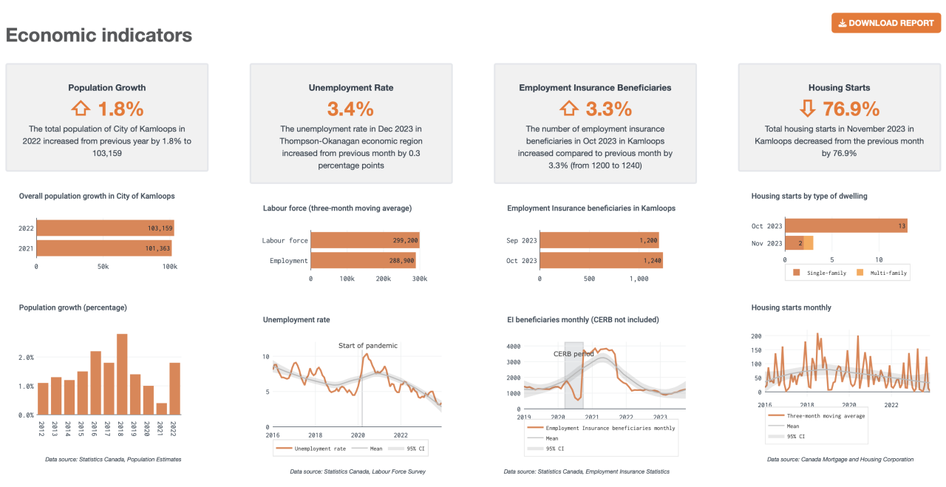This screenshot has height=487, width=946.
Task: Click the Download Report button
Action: pyautogui.click(x=885, y=23)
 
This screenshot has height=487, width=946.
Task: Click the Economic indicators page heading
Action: pyautogui.click(x=99, y=35)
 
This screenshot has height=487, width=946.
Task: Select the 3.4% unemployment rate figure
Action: pyautogui.click(x=350, y=109)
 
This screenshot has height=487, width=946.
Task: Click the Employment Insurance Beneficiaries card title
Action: pyautogui.click(x=595, y=87)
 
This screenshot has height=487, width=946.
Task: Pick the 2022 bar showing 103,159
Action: pyautogui.click(x=105, y=228)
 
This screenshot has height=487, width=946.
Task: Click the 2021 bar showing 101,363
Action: pyautogui.click(x=103, y=248)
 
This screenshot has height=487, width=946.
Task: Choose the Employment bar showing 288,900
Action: pyautogui.click(x=363, y=260)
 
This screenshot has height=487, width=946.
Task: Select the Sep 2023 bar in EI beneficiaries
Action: pyautogui.click(x=599, y=240)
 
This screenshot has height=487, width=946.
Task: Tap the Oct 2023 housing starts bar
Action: pyautogui.click(x=846, y=225)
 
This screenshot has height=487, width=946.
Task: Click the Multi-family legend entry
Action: pyautogui.click(x=883, y=273)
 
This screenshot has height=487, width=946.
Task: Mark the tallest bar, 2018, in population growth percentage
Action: pyautogui.click(x=122, y=374)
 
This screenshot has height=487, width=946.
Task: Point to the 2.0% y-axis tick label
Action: pyautogui.click(x=25, y=357)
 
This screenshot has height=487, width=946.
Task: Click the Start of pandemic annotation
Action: pyautogui.click(x=367, y=345)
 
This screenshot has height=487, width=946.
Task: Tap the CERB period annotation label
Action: pyautogui.click(x=574, y=354)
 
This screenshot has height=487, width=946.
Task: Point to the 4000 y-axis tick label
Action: pyautogui.click(x=514, y=346)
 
